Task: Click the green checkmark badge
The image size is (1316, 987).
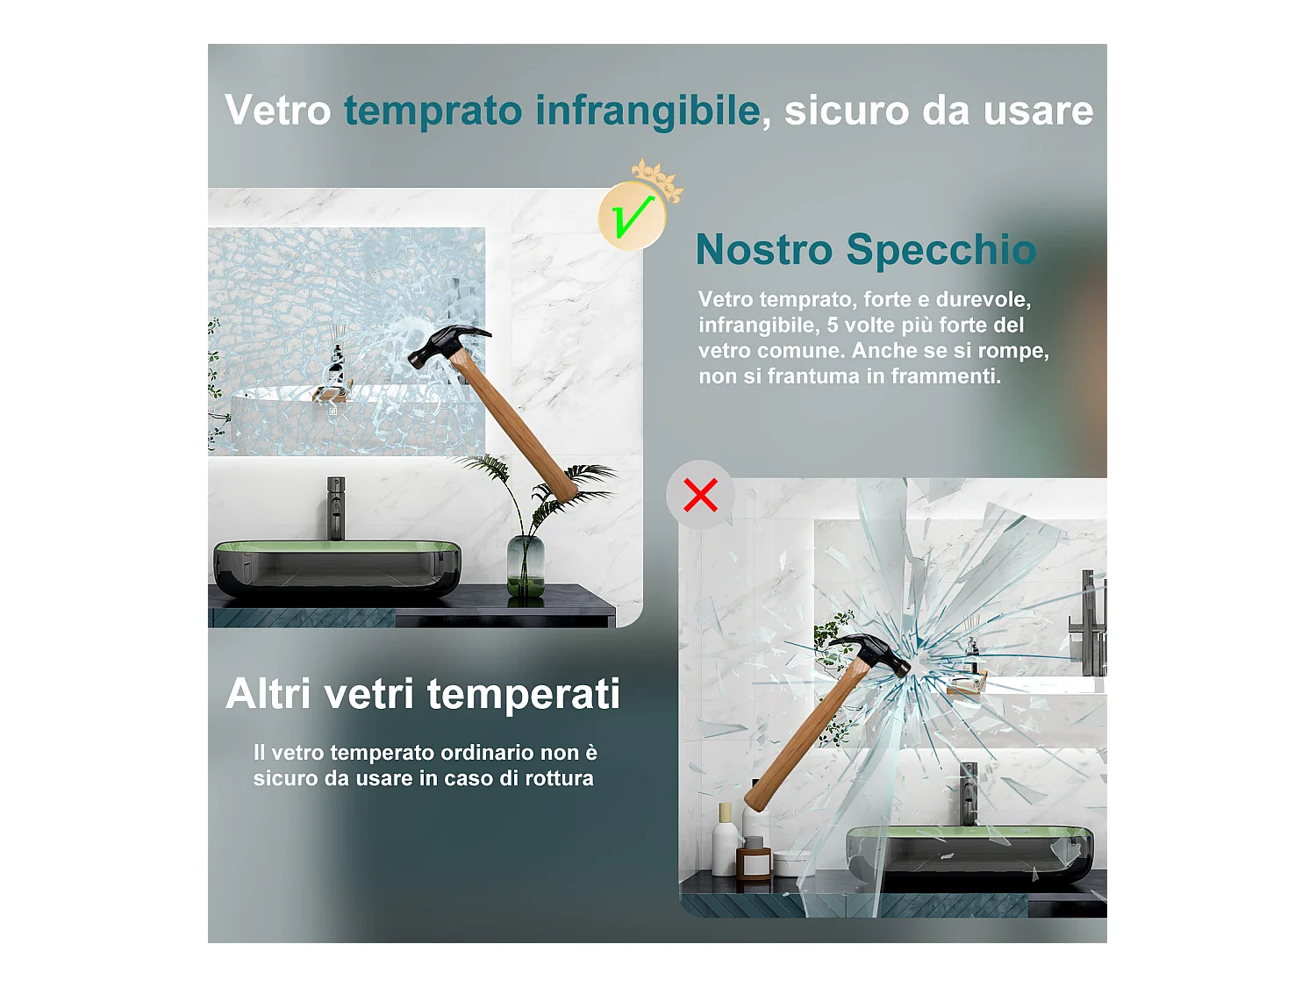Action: click(631, 216)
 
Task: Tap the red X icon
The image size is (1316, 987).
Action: click(700, 495)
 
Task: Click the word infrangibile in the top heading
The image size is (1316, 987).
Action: click(647, 111)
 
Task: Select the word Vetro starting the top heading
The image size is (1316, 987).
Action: click(277, 111)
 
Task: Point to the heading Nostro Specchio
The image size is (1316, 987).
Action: click(865, 249)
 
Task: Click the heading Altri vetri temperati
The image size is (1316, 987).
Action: click(423, 693)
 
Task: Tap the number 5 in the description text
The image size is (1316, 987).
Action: click(833, 325)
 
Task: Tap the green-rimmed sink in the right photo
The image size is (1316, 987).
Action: click(969, 855)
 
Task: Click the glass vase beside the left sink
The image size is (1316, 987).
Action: click(526, 566)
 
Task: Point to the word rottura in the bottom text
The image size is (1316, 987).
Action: click(559, 778)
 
